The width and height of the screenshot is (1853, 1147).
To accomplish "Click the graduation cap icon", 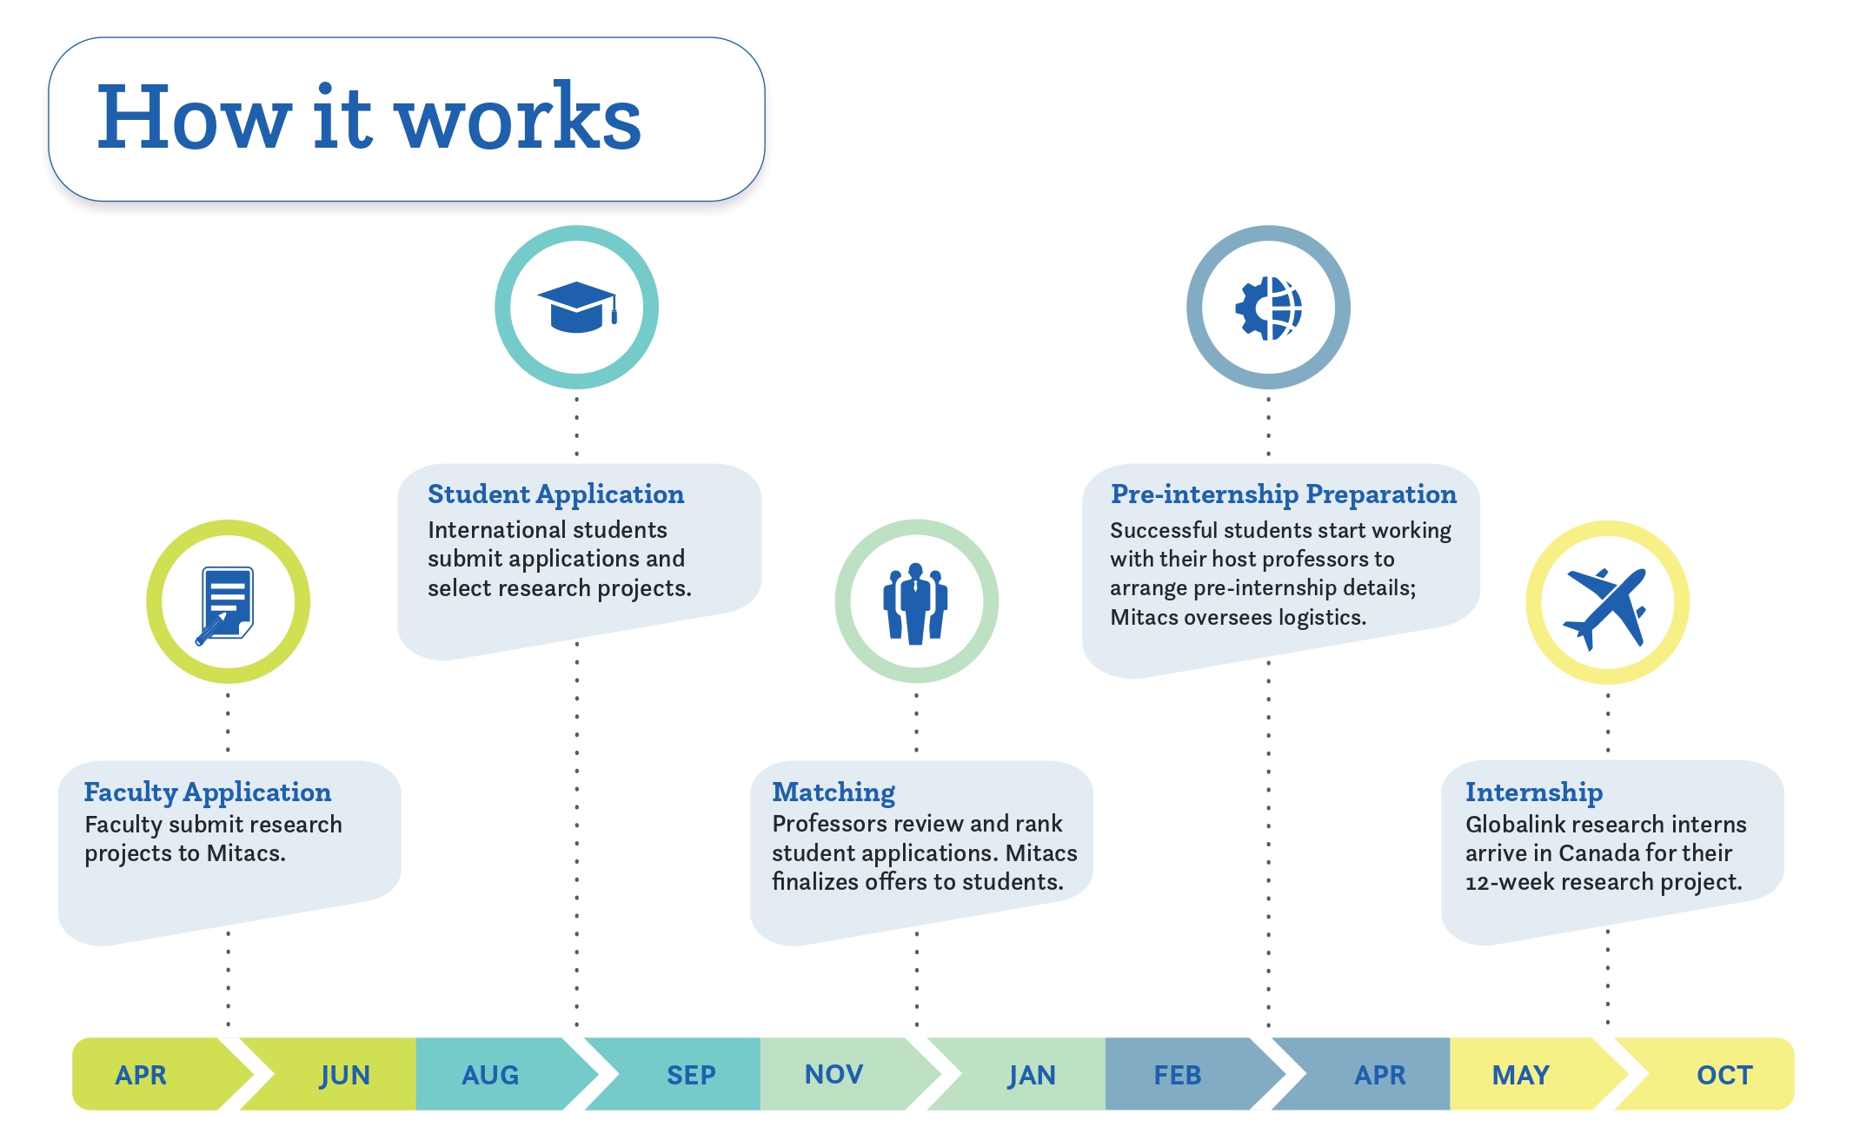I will [x=576, y=307].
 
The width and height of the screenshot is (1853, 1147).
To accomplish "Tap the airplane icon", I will [x=1606, y=606].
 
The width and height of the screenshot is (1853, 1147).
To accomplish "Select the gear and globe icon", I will [x=1268, y=308].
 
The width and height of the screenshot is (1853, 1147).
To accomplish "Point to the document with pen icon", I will [x=226, y=604].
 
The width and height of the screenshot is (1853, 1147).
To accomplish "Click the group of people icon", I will [x=915, y=603].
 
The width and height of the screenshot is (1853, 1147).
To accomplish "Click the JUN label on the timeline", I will [x=344, y=1076].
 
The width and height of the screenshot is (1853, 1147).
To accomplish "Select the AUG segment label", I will [x=490, y=1076].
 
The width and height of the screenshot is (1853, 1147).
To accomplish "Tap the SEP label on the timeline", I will [x=691, y=1076].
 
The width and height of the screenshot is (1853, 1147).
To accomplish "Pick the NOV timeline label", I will [x=834, y=1075].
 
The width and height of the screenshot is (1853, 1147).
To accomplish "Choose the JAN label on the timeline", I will [x=1032, y=1076].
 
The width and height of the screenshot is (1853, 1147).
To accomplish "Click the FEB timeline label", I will [x=1177, y=1076].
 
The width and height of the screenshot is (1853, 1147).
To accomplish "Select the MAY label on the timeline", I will [x=1520, y=1076].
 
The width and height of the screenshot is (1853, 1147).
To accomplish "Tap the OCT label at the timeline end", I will [x=1724, y=1076].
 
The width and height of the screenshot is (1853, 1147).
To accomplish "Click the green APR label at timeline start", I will [x=141, y=1076].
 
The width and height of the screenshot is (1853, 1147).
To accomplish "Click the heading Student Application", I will [x=555, y=494].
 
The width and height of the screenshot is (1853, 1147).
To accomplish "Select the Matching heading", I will [x=833, y=792].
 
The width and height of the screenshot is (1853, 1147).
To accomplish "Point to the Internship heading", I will [x=1533, y=792].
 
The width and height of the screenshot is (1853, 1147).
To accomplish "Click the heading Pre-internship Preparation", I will [x=1283, y=494].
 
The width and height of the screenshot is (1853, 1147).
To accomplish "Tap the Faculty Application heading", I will [x=207, y=792].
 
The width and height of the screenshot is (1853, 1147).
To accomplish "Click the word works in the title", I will [x=518, y=118].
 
